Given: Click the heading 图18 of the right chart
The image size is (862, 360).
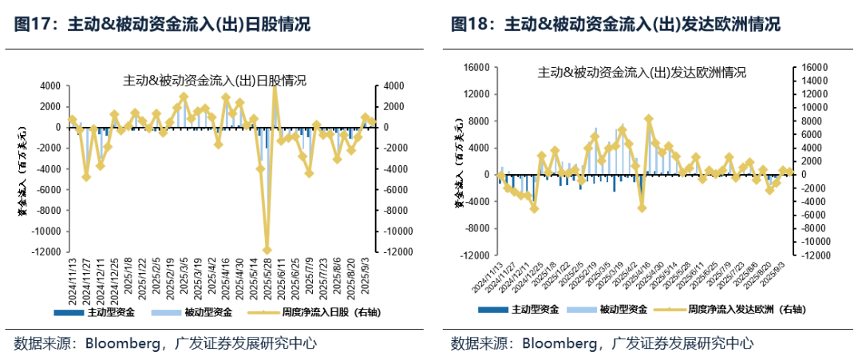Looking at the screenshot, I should point(469,24).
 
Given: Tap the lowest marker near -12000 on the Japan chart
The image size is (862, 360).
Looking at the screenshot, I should point(267,251).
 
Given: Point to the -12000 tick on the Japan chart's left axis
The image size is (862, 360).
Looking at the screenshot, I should point(47,251).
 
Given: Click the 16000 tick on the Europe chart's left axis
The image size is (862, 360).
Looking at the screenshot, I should point(476,68).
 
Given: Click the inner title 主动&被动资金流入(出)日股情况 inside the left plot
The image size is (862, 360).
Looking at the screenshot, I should point(215,81).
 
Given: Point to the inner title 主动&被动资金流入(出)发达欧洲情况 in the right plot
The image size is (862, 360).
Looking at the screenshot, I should point(643,73).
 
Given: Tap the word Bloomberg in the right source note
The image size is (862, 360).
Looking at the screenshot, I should point(558,344).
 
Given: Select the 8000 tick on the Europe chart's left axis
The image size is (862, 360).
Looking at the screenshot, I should point(480,121).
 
